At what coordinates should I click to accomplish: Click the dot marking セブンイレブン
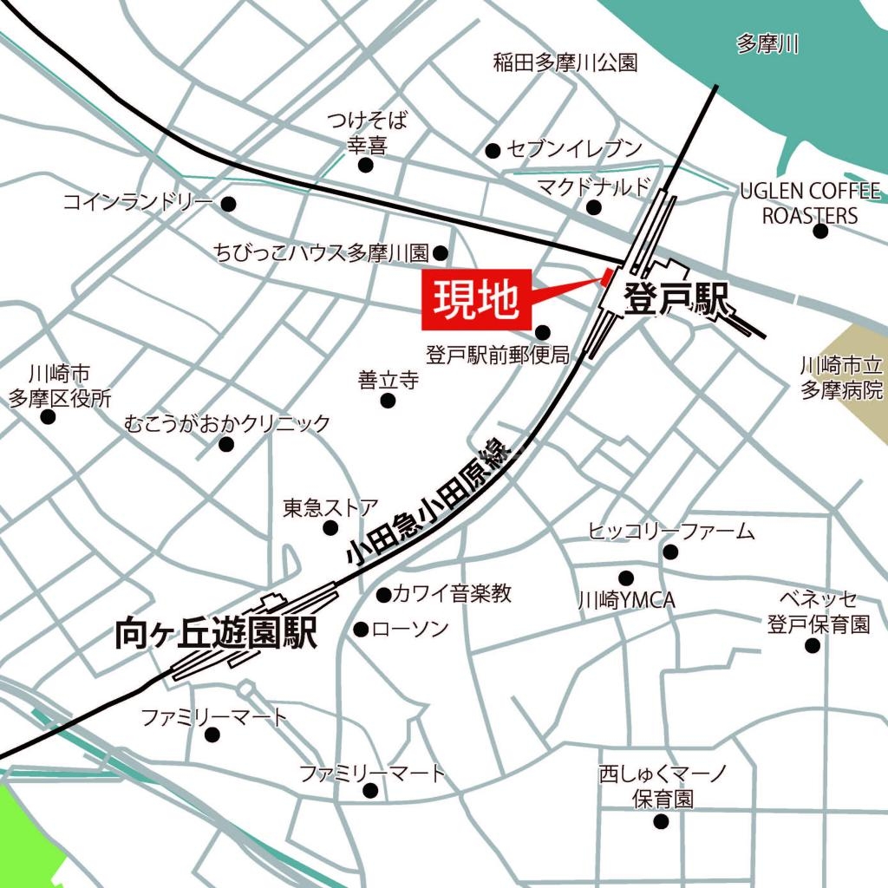(493, 150)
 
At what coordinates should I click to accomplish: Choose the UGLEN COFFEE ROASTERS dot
(820, 232)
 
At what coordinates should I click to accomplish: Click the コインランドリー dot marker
(229, 205)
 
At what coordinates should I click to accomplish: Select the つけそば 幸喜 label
(366, 132)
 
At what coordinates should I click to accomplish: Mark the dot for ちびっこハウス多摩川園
(441, 253)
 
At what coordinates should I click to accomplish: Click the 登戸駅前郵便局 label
(497, 355)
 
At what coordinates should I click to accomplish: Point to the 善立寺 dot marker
(388, 401)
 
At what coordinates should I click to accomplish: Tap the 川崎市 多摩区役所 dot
(48, 417)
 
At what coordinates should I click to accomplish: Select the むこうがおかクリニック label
(227, 423)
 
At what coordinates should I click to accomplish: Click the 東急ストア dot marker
(330, 528)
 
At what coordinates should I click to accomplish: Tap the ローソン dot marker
(362, 629)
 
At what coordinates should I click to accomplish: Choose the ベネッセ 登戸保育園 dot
(813, 646)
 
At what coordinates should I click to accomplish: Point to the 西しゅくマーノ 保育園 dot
(662, 821)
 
